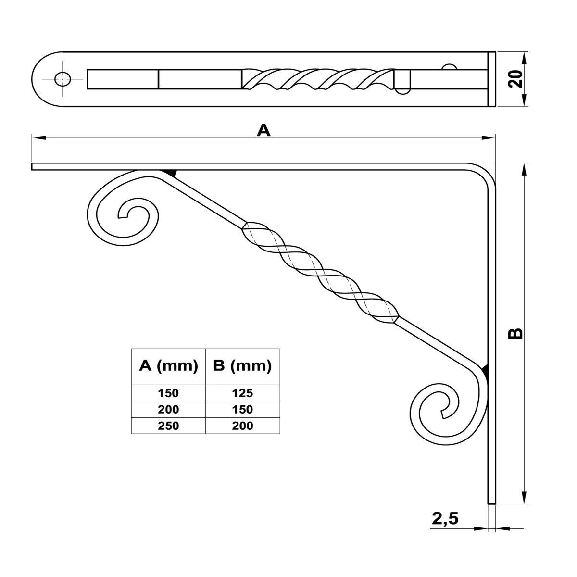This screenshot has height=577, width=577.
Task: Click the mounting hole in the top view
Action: [x=62, y=79]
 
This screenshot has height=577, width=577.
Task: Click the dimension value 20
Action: [x=515, y=78]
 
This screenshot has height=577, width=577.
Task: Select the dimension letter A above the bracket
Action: [x=263, y=130]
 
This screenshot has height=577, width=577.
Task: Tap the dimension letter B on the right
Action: [x=515, y=333]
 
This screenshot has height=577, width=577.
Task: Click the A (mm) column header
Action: [x=168, y=366]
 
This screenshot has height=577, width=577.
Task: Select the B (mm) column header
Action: [x=242, y=366]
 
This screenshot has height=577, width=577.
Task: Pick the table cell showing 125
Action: [x=242, y=393]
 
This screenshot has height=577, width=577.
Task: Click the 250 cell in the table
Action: [x=168, y=426]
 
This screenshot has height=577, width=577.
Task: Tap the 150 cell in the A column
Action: [x=168, y=393]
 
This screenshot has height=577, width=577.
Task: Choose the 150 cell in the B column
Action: [x=242, y=409]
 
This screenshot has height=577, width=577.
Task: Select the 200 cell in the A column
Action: [x=168, y=409]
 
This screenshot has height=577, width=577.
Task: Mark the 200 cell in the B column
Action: [x=242, y=426]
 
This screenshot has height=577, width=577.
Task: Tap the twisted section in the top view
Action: [x=317, y=79]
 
